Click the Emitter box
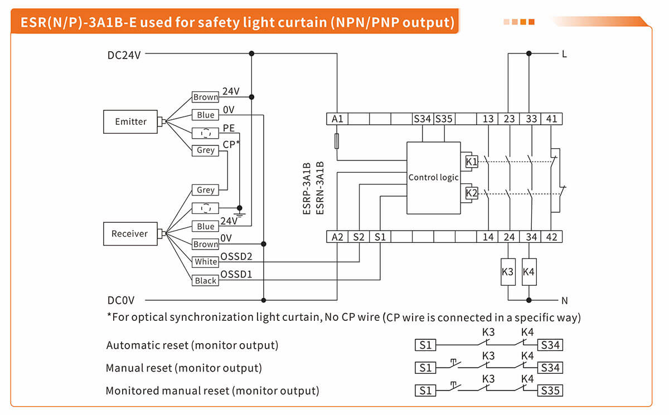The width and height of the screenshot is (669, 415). click(x=130, y=121)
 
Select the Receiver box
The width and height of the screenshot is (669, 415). click(x=130, y=233)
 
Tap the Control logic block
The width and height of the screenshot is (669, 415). click(x=433, y=178)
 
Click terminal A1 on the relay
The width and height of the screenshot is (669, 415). click(x=337, y=119)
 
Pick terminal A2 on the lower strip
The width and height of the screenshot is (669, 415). click(x=337, y=237)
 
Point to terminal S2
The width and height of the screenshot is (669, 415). click(x=359, y=237)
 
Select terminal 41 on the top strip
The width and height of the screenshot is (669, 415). click(x=551, y=119)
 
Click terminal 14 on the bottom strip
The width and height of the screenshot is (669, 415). click(x=488, y=237)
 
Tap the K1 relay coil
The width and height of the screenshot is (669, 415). click(x=472, y=162)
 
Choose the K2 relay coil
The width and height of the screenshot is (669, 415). click(x=472, y=193)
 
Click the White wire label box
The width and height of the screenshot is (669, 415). click(x=206, y=262)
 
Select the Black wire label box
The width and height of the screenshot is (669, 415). click(x=206, y=281)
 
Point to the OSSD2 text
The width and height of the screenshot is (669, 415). click(x=236, y=256)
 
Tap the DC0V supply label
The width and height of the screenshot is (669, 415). click(x=121, y=300)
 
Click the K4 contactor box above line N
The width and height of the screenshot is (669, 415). click(x=529, y=272)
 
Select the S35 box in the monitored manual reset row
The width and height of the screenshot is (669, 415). click(x=550, y=390)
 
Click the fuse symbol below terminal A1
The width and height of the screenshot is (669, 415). click(x=337, y=140)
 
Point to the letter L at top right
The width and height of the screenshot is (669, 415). click(x=564, y=55)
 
